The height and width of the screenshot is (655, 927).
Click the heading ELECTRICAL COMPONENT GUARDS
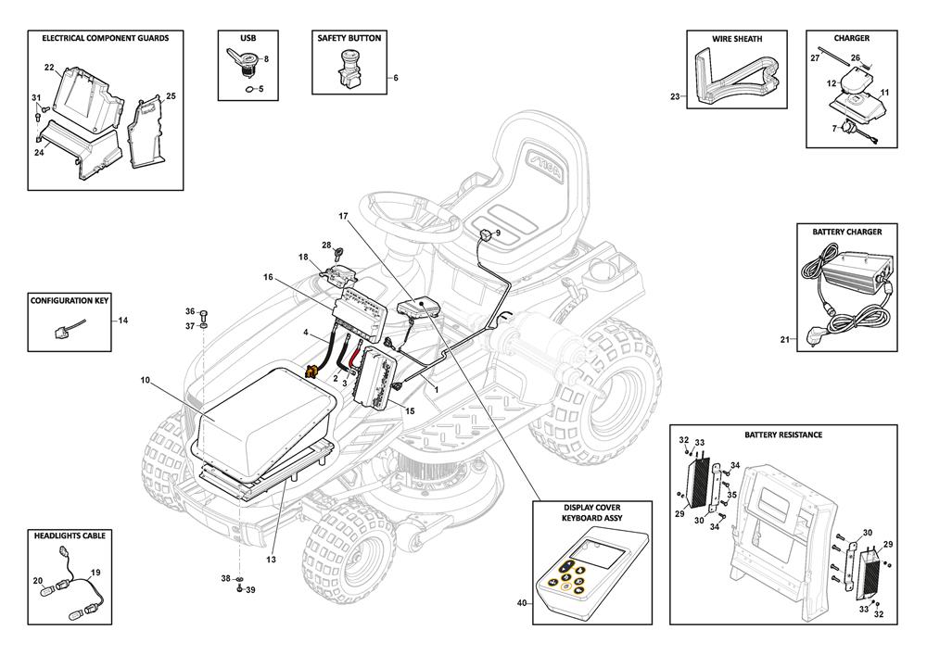tap(98, 38)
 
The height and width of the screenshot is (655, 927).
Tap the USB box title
tap(248, 38)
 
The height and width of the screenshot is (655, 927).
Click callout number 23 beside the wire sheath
tap(674, 96)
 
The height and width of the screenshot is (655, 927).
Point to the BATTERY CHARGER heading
tap(846, 231)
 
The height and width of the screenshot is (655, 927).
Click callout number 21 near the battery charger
tap(783, 340)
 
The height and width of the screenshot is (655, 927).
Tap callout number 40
tap(521, 603)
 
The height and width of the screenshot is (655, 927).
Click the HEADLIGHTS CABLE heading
tap(70, 535)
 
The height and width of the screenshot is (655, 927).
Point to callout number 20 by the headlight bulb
tap(38, 581)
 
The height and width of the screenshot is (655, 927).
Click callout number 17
tap(343, 216)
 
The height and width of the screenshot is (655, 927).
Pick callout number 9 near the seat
tap(498, 233)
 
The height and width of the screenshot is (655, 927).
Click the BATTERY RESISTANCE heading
tap(782, 434)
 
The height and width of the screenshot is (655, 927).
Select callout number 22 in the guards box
tap(49, 67)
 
